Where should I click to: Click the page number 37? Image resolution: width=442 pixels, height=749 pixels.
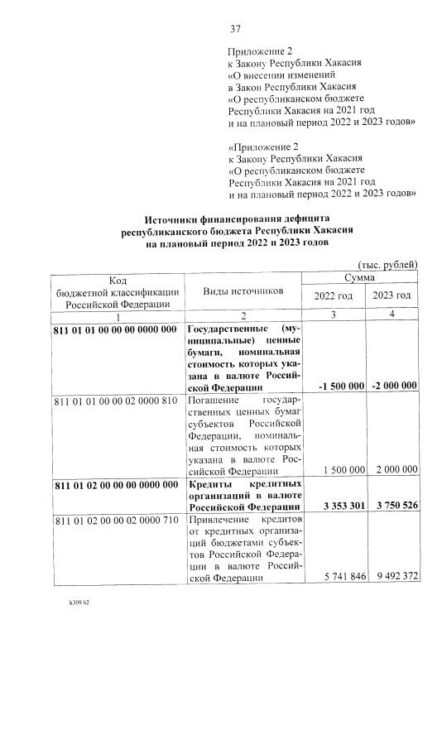coord(235,29)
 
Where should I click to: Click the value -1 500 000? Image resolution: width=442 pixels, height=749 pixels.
coord(341,387)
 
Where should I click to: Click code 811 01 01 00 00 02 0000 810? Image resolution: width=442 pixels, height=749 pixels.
coord(115,401)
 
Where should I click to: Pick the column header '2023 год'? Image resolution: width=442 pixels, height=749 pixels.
coord(392,296)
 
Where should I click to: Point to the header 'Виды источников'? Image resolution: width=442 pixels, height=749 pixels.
coord(243,291)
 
